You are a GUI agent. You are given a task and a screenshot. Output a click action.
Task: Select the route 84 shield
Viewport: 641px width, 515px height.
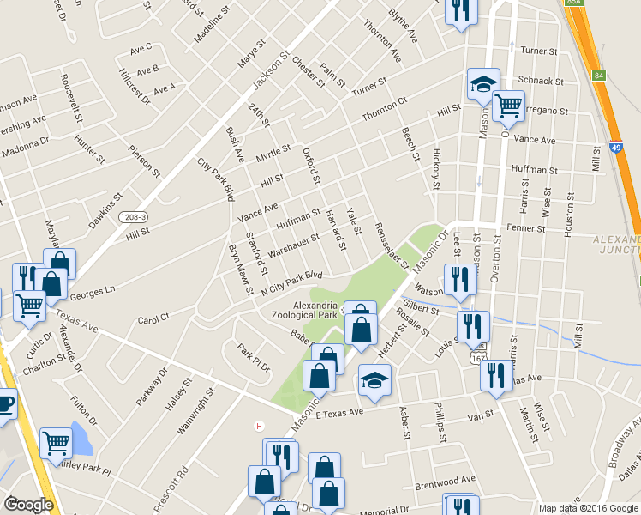coord(599,76)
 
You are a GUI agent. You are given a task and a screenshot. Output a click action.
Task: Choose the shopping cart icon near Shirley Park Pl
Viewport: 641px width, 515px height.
coord(56,443)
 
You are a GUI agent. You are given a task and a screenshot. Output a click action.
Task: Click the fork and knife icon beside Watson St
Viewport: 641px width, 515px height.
coord(459,280)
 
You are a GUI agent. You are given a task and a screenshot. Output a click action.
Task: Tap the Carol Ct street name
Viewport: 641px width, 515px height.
coord(153,318)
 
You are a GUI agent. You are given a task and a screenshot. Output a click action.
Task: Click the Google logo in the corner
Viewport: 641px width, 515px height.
coord(28,505)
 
